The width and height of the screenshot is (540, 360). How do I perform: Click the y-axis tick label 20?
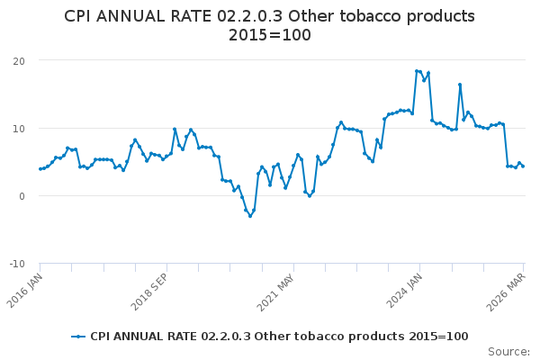(x=18, y=60)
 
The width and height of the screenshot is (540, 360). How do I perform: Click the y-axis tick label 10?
(x=18, y=128)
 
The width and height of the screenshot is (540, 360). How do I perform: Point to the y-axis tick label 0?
(x=21, y=195)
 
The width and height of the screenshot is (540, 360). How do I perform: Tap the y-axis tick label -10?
(x=16, y=264)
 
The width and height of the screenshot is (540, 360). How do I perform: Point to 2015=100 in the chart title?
(x=269, y=35)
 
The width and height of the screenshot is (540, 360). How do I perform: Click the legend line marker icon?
(x=79, y=337)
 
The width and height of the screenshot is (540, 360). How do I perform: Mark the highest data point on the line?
(x=417, y=71)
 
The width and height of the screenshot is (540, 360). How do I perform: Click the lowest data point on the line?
(x=250, y=216)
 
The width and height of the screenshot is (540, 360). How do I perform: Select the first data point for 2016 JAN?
(x=40, y=169)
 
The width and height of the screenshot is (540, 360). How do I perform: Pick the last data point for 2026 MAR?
(x=523, y=166)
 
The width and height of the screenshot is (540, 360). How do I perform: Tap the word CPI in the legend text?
(x=102, y=337)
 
